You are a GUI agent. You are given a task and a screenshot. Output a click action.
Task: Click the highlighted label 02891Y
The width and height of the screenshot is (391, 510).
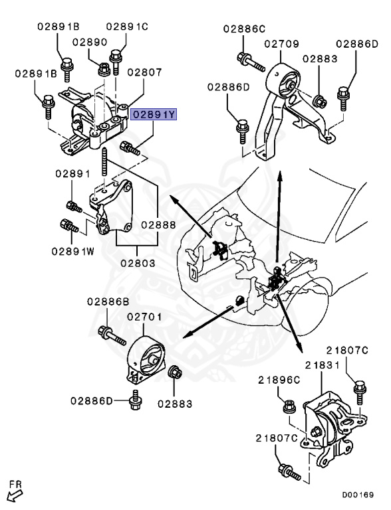(154, 115)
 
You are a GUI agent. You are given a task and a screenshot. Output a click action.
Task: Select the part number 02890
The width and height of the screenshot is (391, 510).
(90, 41)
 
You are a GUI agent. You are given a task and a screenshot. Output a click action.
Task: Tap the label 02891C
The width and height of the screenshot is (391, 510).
(126, 27)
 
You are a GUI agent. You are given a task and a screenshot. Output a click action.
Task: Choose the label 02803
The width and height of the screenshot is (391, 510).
(138, 263)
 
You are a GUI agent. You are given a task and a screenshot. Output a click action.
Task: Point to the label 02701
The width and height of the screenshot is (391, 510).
(145, 319)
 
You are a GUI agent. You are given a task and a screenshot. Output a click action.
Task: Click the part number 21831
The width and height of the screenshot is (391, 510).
(323, 365)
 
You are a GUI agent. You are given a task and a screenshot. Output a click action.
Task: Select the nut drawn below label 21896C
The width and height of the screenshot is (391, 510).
(289, 404)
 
